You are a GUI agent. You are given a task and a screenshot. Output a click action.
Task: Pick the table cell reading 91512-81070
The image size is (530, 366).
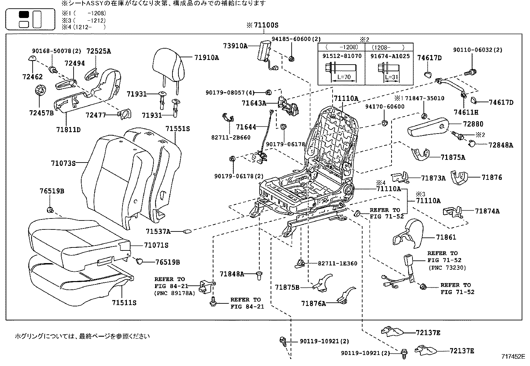tap(342, 56)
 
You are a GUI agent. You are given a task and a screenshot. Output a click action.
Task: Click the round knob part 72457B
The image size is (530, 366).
tap(40, 90)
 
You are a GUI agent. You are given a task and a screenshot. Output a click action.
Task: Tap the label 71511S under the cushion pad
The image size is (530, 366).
tap(124, 303)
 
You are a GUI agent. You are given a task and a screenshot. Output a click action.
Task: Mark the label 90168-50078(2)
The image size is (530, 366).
tap(57, 51)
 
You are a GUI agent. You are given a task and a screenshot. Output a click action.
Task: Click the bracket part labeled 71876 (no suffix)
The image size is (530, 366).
tap(460, 178)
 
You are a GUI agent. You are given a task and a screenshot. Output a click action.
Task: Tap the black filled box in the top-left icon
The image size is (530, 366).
tap(24, 14)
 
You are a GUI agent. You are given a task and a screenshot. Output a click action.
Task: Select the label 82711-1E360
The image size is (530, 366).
tap(337, 263)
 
